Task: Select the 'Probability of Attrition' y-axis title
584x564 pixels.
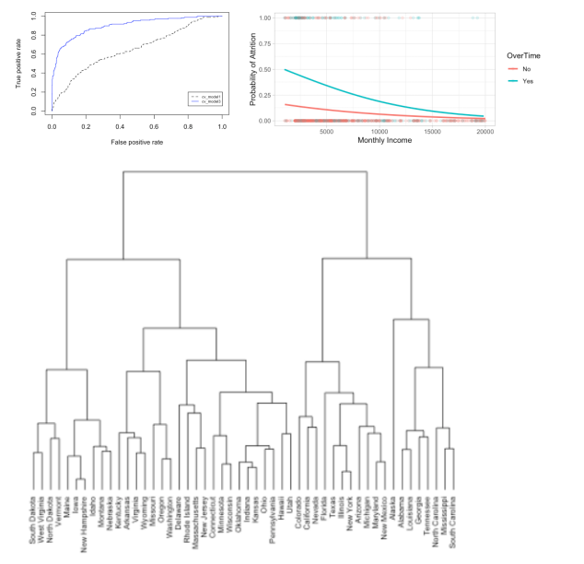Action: pos(254,68)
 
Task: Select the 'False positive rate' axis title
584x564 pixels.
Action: pos(136,144)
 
